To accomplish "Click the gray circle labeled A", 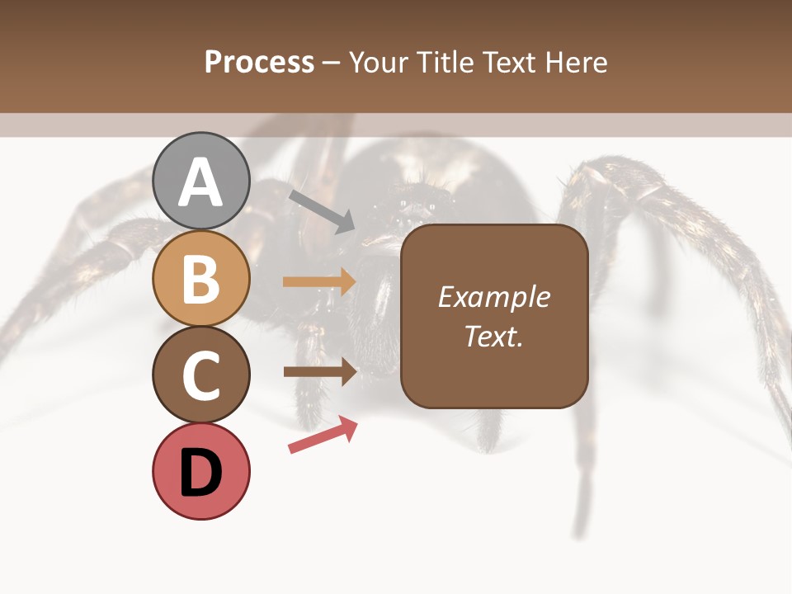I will pyautogui.click(x=201, y=181).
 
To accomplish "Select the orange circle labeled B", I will pyautogui.click(x=201, y=278).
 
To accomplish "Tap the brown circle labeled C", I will pyautogui.click(x=201, y=375).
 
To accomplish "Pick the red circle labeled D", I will pyautogui.click(x=201, y=471).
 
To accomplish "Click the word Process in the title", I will pyautogui.click(x=259, y=62).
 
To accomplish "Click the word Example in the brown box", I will pyautogui.click(x=493, y=297).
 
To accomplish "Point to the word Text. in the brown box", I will pyautogui.click(x=493, y=336).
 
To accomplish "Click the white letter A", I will pyautogui.click(x=201, y=182).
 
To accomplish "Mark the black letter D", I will pyautogui.click(x=201, y=474).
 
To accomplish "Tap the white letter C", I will pyautogui.click(x=201, y=375).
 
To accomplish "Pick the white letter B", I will pyautogui.click(x=201, y=279).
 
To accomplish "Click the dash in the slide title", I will pyautogui.click(x=332, y=64).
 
